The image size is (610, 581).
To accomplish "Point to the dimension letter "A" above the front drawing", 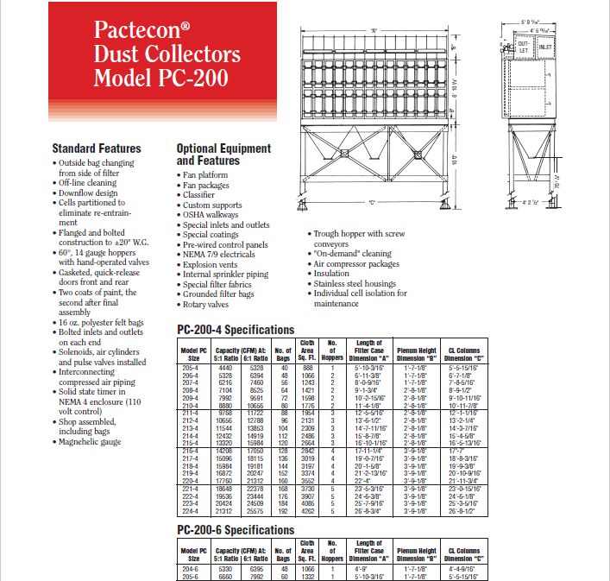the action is coord(374,30).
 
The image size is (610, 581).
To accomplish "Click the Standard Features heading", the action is coord(97,148).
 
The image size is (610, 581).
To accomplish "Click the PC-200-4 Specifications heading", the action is coord(236,330).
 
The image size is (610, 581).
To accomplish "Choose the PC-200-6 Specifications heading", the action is coord(236,530).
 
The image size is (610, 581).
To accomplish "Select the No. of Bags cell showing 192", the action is coord(282,510).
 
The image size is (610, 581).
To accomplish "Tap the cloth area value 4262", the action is coord(307,510).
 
